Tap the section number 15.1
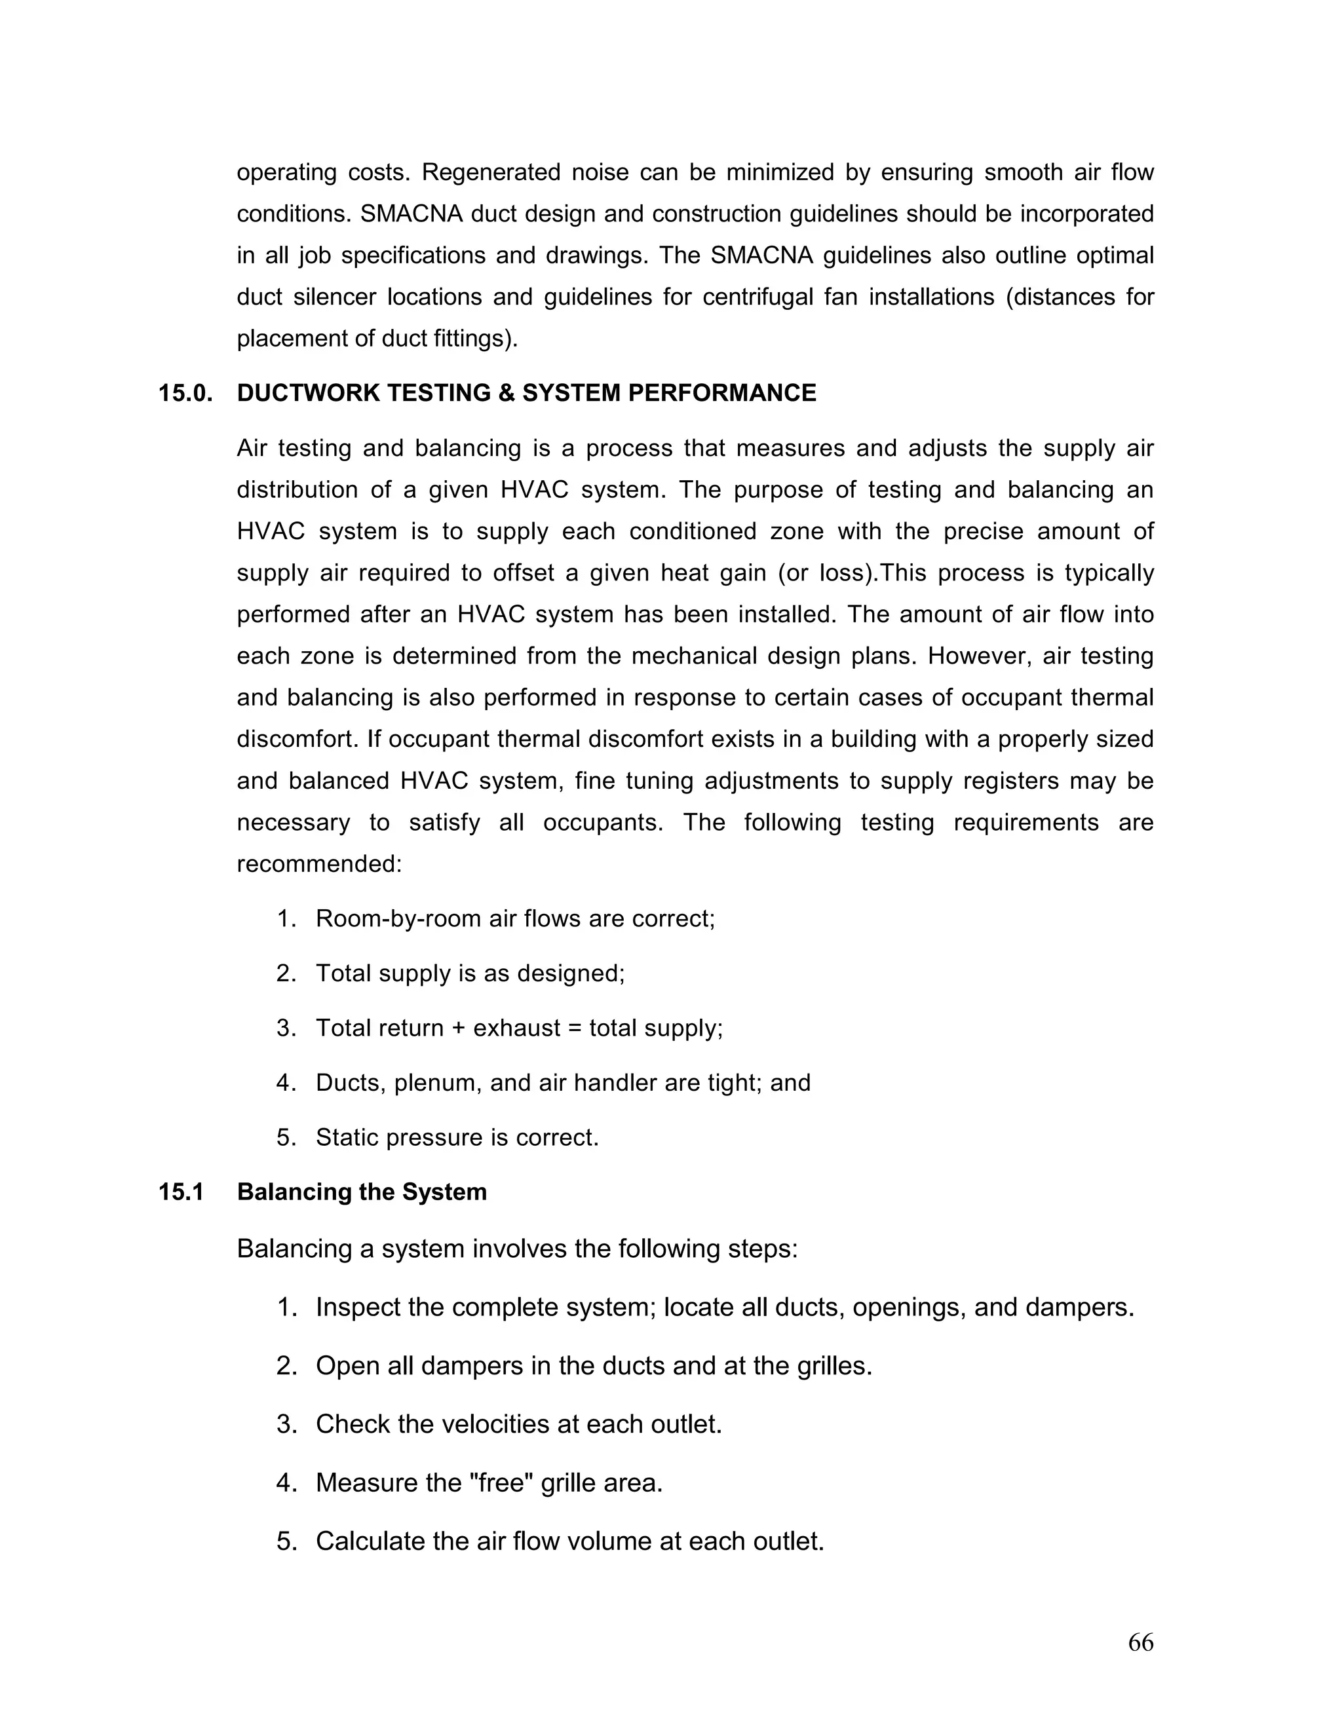point(182,1192)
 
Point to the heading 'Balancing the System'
point(362,1192)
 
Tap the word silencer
point(335,297)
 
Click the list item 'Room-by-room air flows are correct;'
point(515,920)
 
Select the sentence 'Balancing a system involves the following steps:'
point(517,1249)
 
